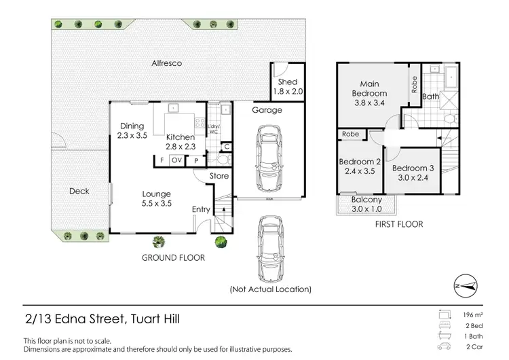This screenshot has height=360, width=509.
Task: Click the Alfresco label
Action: pos(166,63)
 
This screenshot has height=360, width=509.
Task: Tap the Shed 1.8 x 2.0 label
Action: pos(283,87)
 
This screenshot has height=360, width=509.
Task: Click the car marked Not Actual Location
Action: pos(270,247)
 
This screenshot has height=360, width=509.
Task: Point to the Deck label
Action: pos(79,191)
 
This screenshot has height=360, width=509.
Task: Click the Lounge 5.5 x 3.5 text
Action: pos(156,198)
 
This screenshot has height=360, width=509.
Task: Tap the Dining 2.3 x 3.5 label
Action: pos(132,130)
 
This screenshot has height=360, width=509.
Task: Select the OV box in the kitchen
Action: pos(176,160)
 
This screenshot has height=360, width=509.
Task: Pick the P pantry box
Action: pos(197,160)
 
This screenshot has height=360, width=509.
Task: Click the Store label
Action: pos(219,176)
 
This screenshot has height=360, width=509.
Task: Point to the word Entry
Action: pos(202,209)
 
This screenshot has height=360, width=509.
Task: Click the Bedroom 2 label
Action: pos(359,166)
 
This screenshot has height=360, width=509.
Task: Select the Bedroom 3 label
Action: pos(413,173)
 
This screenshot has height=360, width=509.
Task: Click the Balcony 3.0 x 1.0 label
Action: pos(366,204)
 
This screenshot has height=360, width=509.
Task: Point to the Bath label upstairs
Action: pos(430,96)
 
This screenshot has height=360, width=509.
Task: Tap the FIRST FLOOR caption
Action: pos(399,224)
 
